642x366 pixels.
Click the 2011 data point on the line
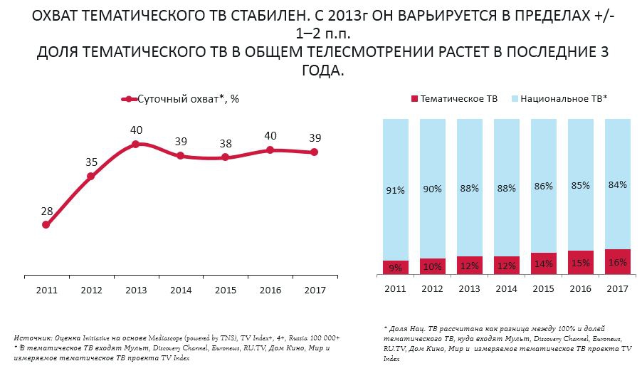[46, 224]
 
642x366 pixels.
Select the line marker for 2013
[136, 145]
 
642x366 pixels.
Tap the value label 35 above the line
[91, 162]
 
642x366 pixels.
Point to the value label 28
[46, 211]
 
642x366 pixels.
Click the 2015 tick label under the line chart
[226, 289]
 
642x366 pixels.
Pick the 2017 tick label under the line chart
[315, 289]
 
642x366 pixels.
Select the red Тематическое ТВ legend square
[414, 100]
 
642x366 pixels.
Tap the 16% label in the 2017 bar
[618, 262]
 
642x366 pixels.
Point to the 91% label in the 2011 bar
[396, 190]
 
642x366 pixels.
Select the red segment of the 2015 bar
[544, 264]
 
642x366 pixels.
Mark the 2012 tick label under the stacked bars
[433, 289]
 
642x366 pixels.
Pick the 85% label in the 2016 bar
[581, 186]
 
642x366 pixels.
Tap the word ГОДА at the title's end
[321, 70]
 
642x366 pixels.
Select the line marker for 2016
[270, 150]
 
